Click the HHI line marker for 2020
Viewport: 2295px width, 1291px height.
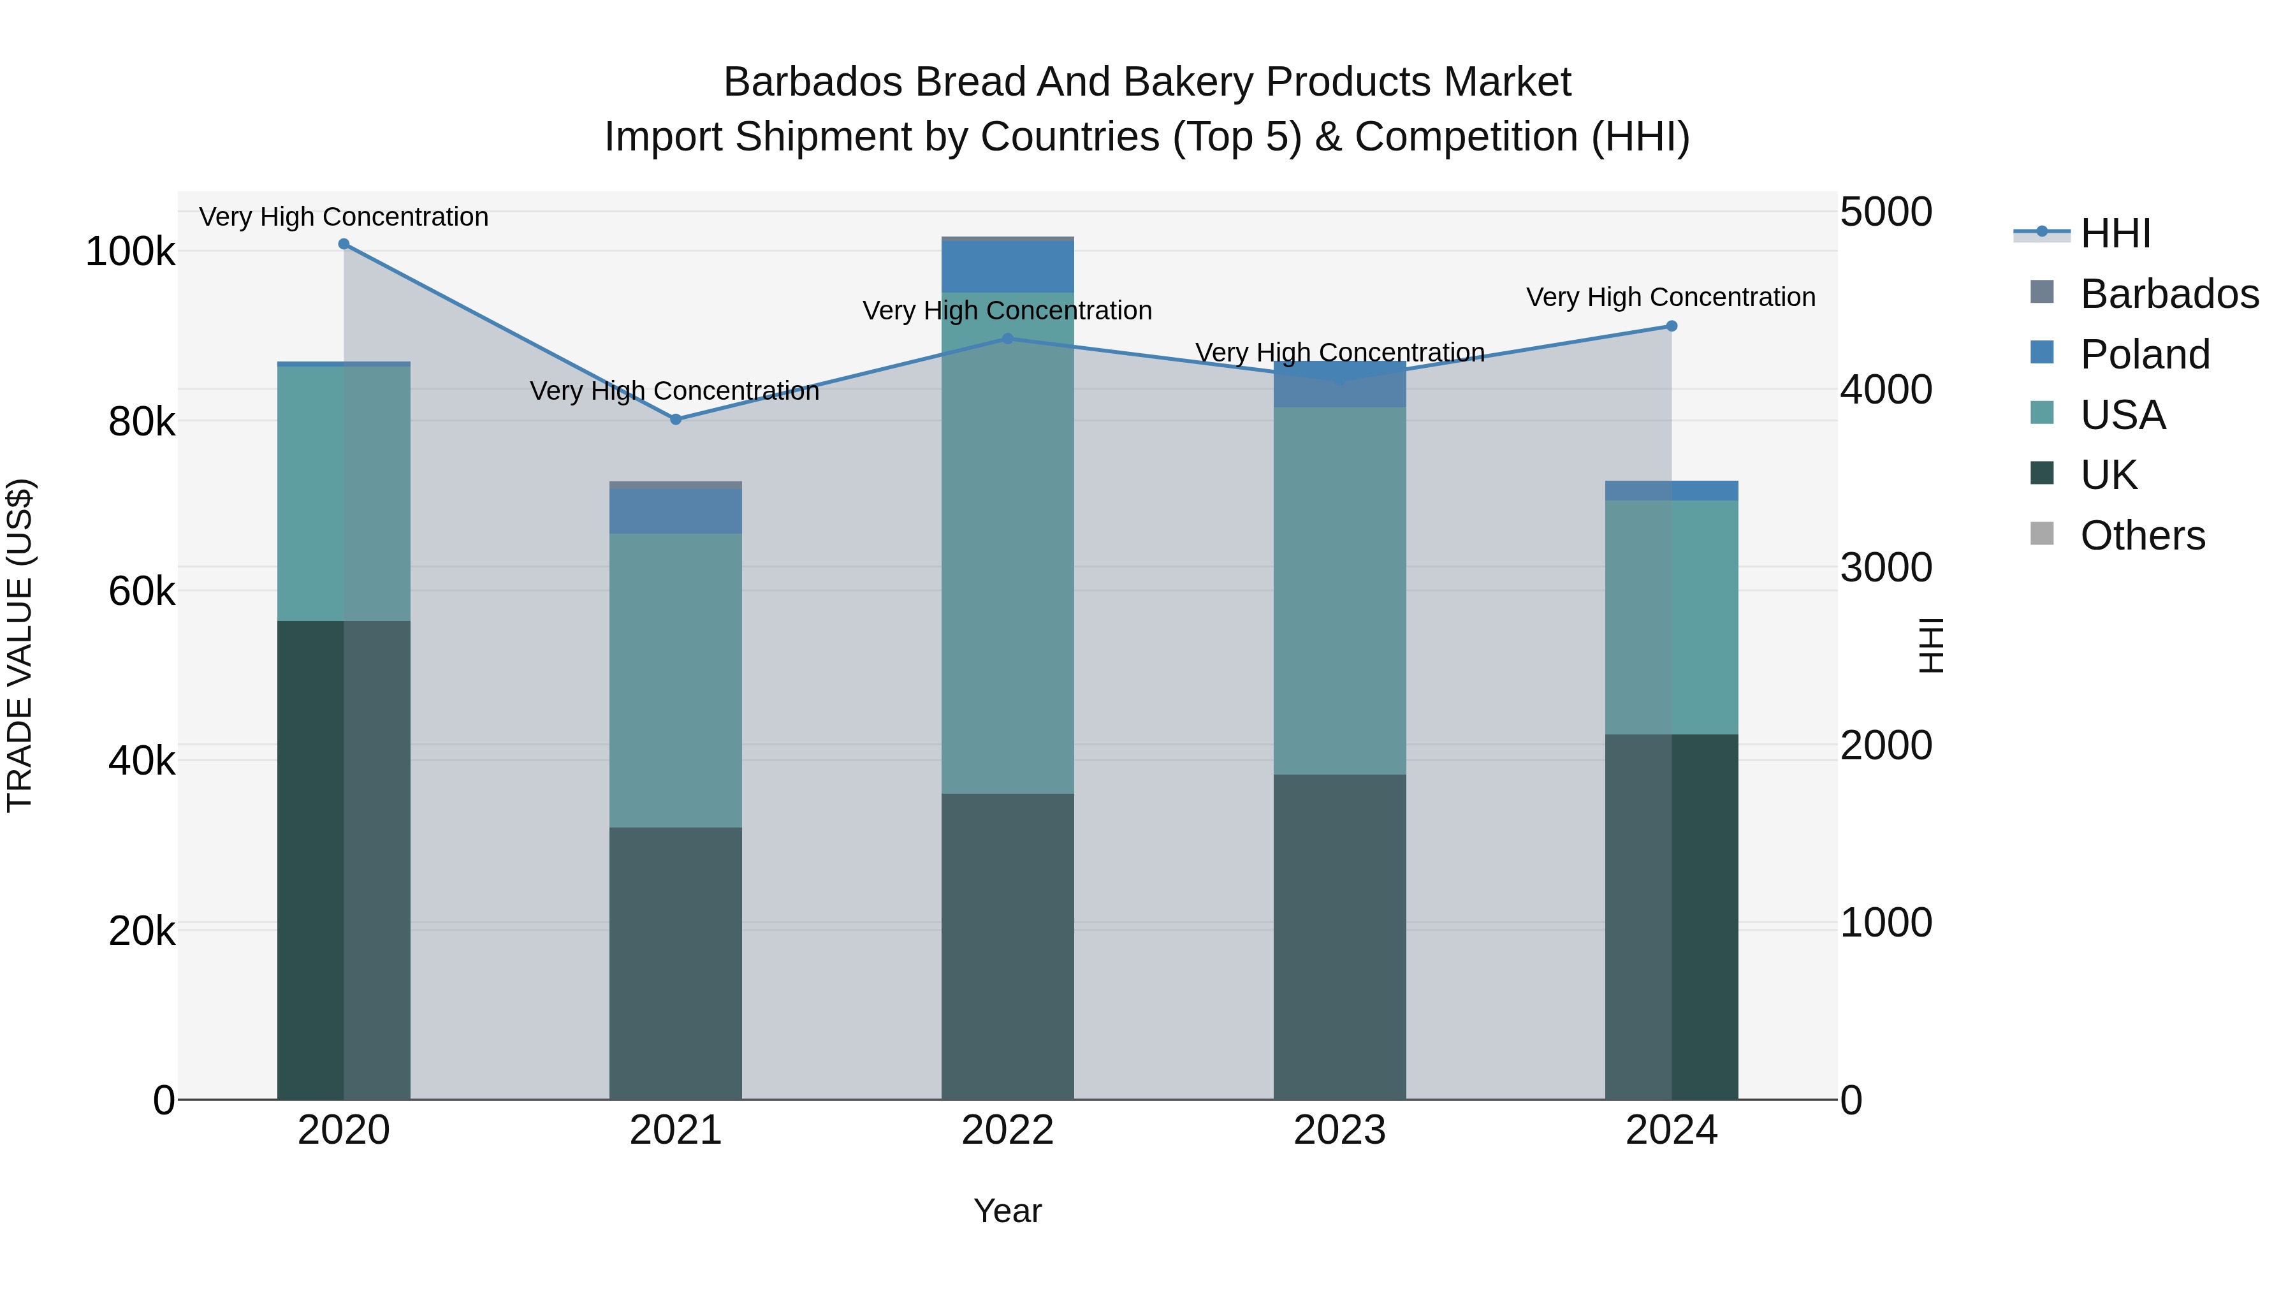click(344, 244)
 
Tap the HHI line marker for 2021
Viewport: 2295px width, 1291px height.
click(675, 419)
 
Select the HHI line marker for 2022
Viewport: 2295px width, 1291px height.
click(1008, 339)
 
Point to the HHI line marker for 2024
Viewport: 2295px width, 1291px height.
click(1672, 326)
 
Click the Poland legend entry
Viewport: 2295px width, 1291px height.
click(2145, 354)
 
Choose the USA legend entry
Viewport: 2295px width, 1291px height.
click(2122, 415)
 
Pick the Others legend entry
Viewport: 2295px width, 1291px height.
click(2142, 536)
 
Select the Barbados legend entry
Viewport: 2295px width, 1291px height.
click(2169, 294)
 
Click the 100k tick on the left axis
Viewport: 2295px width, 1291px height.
click(130, 252)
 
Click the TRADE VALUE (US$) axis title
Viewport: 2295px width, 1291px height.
click(20, 645)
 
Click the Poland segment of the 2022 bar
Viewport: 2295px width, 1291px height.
click(1008, 266)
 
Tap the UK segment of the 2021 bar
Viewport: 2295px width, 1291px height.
click(675, 962)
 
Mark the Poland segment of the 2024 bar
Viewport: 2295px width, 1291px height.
click(1672, 491)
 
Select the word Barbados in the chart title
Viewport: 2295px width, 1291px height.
click(813, 83)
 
